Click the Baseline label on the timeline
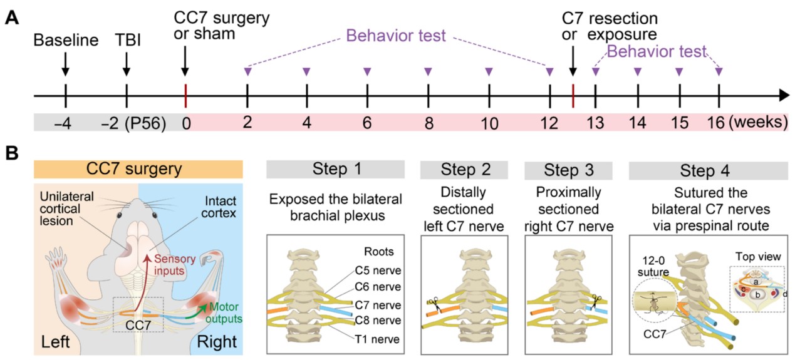66,42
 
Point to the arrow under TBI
127,65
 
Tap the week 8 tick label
429,123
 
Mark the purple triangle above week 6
367,72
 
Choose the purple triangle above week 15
678,72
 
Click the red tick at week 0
186,96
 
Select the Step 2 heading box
463,170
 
